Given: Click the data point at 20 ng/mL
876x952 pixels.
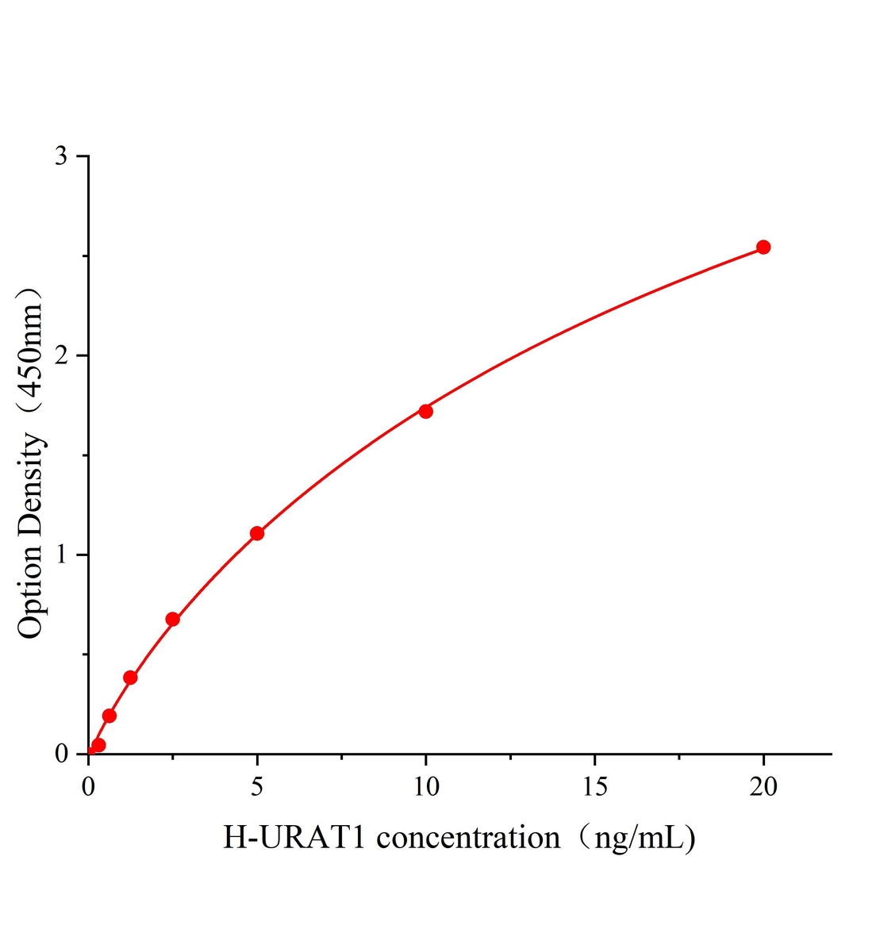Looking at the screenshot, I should tap(763, 247).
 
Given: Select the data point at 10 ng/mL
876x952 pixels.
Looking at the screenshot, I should tap(425, 411).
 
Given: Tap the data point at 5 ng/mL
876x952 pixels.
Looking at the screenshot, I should tap(256, 533).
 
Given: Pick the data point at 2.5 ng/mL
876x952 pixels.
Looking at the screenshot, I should tap(172, 619).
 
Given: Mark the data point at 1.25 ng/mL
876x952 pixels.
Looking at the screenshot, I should tap(130, 678).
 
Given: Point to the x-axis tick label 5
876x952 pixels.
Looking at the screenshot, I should tap(256, 786).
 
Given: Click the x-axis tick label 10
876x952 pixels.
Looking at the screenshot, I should tap(425, 786).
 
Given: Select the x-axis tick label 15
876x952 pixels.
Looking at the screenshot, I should tap(594, 786).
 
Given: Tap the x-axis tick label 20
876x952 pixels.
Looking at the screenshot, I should tap(763, 786).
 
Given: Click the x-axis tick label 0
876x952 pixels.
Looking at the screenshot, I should tap(88, 786).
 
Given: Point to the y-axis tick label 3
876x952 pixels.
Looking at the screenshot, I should tap(60, 156).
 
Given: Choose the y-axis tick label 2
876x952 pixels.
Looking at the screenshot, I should tap(60, 355).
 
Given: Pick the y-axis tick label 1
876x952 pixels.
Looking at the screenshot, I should tap(60, 555).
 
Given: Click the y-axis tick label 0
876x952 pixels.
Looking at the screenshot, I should tap(60, 754).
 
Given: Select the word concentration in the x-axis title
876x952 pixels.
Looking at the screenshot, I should tap(467, 838).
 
